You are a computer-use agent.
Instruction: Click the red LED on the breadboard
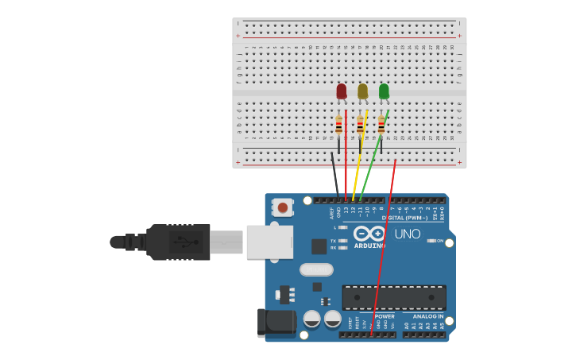(x=342, y=91)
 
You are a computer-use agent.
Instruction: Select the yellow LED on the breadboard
(x=362, y=91)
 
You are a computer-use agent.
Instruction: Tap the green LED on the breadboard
(x=384, y=91)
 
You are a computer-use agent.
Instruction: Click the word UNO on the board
(x=407, y=234)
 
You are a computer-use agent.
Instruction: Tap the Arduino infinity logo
(x=369, y=234)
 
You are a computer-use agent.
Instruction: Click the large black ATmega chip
(x=393, y=297)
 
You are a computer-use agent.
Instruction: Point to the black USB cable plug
(x=179, y=242)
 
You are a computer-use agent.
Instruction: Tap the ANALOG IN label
(x=428, y=316)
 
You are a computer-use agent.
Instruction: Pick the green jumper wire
(x=370, y=167)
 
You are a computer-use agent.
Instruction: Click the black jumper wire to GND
(x=334, y=175)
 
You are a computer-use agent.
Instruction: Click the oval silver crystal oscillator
(x=316, y=269)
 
